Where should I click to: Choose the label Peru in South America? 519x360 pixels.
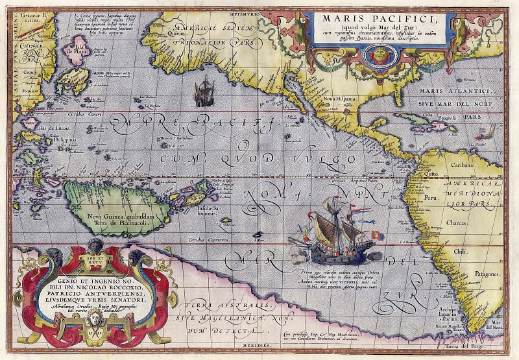pos(411,196)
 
